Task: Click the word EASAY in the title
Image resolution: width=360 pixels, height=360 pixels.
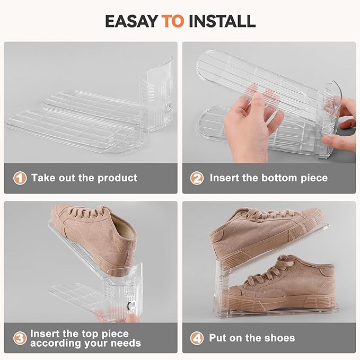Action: [131, 21]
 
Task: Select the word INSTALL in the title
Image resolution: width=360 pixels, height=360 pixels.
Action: [222, 21]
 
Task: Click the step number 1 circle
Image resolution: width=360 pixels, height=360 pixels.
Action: [20, 178]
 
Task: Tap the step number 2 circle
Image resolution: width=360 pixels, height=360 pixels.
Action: [197, 178]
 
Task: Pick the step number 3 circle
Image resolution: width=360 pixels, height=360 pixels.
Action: [20, 338]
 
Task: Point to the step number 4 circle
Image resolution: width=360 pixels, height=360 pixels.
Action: [197, 338]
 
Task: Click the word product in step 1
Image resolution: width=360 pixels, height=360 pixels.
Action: [118, 178]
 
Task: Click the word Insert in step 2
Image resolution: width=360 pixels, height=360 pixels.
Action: [224, 178]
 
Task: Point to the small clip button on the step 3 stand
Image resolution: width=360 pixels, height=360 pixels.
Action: [131, 305]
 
